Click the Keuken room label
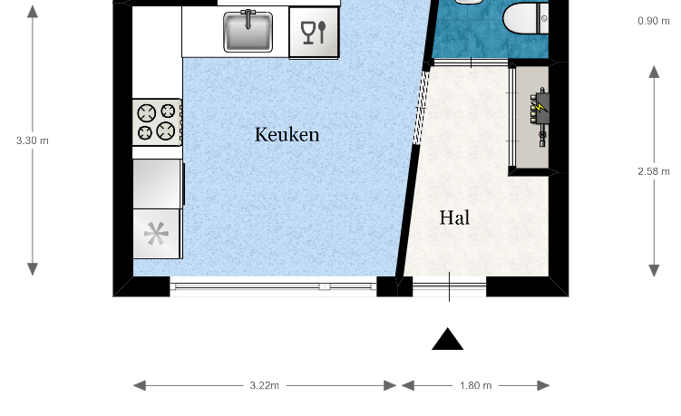pos(287,135)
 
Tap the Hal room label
pos(454,218)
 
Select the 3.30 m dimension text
pos(33,140)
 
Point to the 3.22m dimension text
pos(265,385)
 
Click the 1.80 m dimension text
pos(475,385)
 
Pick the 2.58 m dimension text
pos(654,171)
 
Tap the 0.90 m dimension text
pos(654,21)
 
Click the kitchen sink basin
pos(248,32)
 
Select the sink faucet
pos(248,19)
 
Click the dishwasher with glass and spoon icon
pos(314,33)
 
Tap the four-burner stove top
pos(157,122)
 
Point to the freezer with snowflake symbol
pos(156,234)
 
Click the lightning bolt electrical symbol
pos(540,106)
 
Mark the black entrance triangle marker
pos(448,339)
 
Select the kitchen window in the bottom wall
pos(273,286)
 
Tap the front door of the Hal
pos(449,285)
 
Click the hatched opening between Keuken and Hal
pos(421,108)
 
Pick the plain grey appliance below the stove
pos(158,184)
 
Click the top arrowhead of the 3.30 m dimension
pos(33,11)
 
